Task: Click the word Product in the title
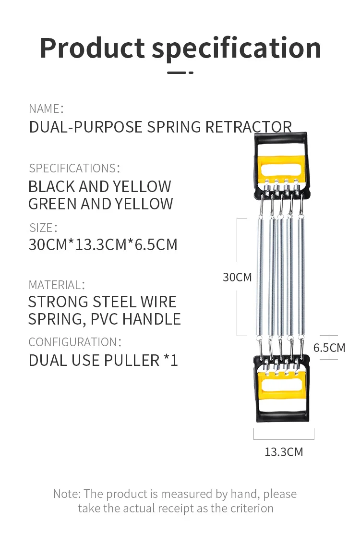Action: (x=92, y=48)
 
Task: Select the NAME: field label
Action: (x=46, y=109)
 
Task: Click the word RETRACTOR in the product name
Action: (x=249, y=127)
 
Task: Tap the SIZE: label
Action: (x=43, y=227)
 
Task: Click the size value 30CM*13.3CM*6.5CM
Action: (x=103, y=244)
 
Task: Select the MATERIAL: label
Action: (x=56, y=285)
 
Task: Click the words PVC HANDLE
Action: (x=136, y=319)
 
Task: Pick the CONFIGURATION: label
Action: (x=74, y=342)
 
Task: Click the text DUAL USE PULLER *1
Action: (x=103, y=360)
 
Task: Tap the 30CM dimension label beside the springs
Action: (x=237, y=277)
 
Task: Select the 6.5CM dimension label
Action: (x=329, y=348)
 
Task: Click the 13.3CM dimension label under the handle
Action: (x=284, y=452)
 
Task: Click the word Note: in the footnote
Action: (x=67, y=494)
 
